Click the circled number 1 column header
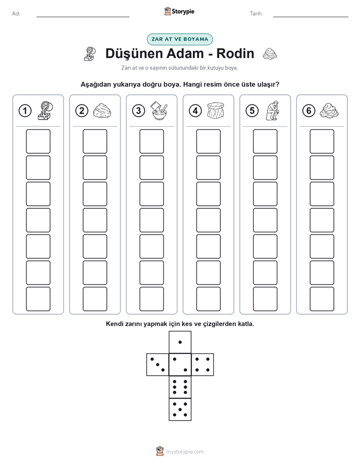click(x=25, y=111)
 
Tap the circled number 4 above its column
click(x=195, y=111)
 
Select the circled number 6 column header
click(x=309, y=111)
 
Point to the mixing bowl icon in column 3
click(x=159, y=110)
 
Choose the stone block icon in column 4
click(x=216, y=110)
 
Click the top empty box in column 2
click(x=95, y=141)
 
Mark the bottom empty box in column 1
click(x=38, y=299)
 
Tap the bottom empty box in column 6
click(x=322, y=299)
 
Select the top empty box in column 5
click(x=265, y=141)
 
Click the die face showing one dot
click(x=180, y=342)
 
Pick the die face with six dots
click(x=180, y=387)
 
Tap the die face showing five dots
click(x=180, y=410)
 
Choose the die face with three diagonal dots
click(x=158, y=365)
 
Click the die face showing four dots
click(x=203, y=365)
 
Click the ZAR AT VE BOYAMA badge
click(x=179, y=39)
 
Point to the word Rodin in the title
click(x=235, y=53)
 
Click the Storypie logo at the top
click(x=179, y=11)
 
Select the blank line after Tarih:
click(x=311, y=17)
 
